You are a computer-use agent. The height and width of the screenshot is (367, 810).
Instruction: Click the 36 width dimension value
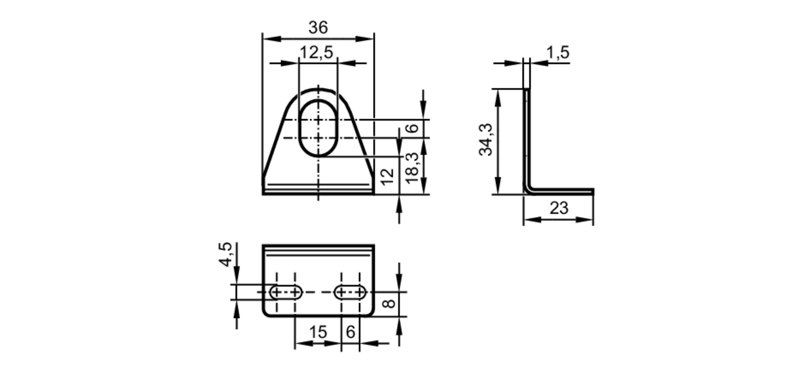(318, 28)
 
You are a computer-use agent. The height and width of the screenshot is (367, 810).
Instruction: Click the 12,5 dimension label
(316, 52)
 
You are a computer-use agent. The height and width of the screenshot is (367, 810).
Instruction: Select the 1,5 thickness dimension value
(558, 52)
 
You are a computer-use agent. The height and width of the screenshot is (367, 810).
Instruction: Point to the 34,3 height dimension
(486, 140)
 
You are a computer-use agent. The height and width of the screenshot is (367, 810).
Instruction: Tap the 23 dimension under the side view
(559, 208)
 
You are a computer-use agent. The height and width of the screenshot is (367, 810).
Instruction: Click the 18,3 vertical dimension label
(412, 168)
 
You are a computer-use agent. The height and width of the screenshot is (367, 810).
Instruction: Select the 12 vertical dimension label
(387, 176)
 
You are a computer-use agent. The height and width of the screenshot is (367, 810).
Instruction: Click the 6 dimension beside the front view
(412, 128)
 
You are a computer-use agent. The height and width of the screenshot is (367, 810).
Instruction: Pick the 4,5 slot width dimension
(225, 254)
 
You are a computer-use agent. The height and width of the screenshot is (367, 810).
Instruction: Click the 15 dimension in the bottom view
(318, 332)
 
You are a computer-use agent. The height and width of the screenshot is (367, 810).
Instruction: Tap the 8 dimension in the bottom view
(389, 303)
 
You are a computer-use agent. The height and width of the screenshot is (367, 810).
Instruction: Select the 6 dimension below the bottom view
(350, 332)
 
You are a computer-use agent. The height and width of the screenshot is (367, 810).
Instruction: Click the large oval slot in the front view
(318, 127)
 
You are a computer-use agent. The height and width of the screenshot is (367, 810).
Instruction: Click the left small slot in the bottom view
(286, 291)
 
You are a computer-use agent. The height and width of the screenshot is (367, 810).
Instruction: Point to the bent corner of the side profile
(529, 189)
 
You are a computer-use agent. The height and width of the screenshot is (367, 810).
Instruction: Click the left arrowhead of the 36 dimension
(270, 39)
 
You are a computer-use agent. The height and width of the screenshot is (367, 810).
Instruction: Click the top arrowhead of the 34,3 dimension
(498, 95)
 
